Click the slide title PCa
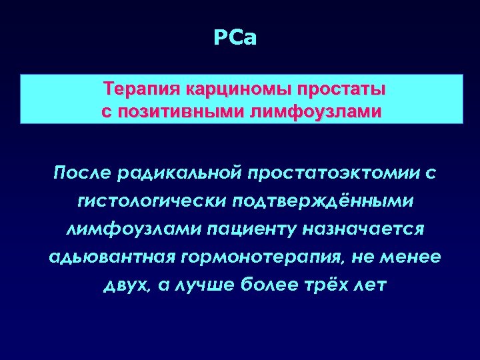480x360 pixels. coord(235,38)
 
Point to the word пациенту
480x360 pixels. coord(248,229)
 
